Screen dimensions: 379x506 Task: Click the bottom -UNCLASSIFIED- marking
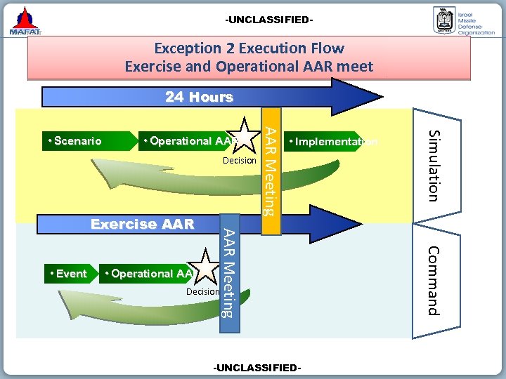(258, 368)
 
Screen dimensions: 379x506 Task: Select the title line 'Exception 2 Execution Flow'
(249, 48)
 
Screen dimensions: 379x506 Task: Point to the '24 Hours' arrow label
(199, 97)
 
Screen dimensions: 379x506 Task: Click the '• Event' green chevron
(68, 273)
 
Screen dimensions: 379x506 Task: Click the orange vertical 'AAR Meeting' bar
(271, 171)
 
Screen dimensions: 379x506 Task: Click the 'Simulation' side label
(436, 165)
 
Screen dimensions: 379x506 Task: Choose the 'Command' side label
(434, 280)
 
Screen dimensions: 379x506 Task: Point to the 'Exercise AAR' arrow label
(142, 225)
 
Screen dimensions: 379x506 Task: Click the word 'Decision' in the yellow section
(240, 161)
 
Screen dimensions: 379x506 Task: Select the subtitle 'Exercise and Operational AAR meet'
(249, 67)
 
